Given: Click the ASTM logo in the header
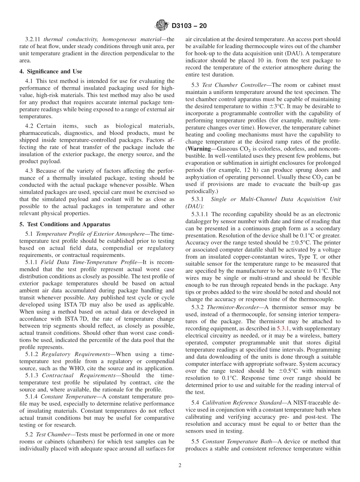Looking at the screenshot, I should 162,26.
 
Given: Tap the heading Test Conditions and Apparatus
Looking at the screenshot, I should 64,224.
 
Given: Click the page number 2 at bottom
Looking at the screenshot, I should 180,465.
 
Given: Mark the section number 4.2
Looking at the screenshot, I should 30,126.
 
